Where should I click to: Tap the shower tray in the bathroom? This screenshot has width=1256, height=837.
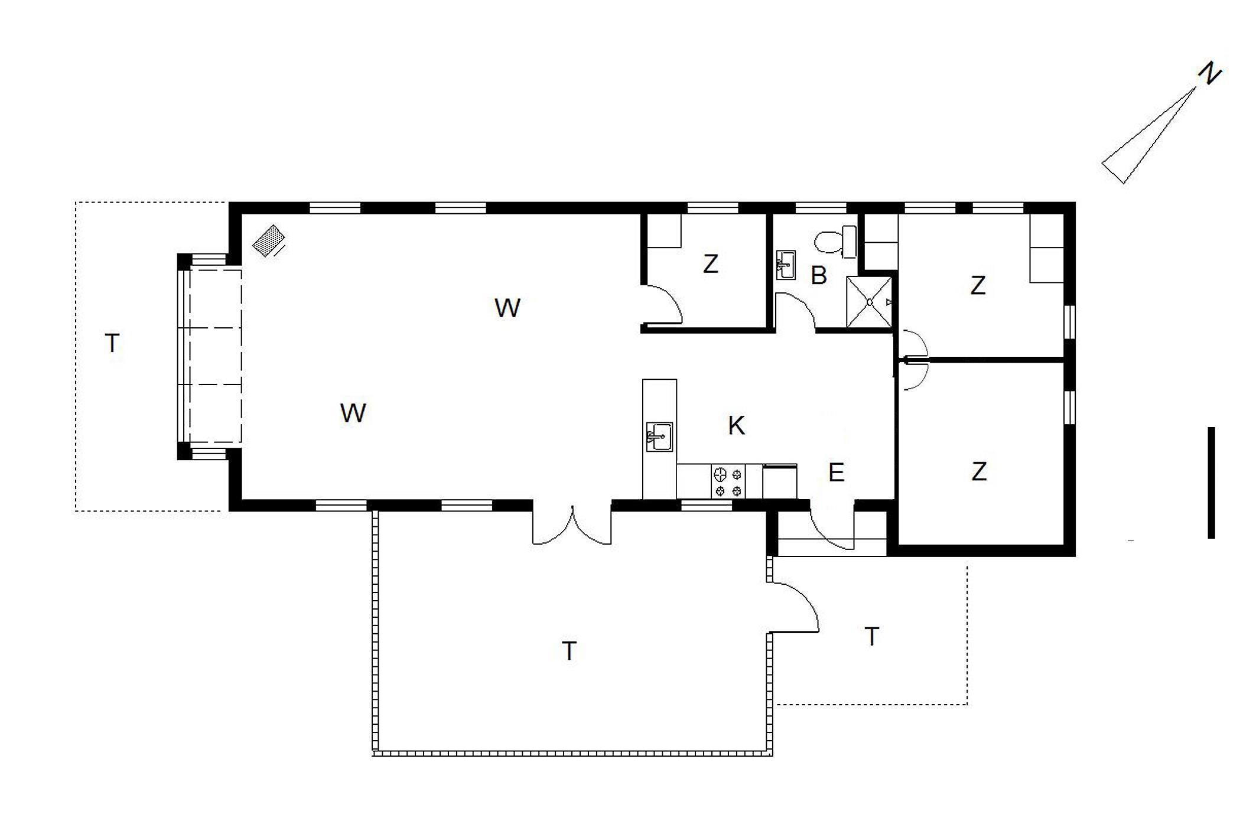(869, 302)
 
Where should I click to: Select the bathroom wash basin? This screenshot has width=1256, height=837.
(786, 265)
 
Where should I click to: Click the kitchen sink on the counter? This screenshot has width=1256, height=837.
(659, 437)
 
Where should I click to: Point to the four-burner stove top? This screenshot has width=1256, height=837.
(728, 482)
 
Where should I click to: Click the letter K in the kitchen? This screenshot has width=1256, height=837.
(736, 425)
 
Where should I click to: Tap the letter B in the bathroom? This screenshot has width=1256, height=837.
(818, 275)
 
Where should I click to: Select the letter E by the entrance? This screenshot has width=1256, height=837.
(836, 473)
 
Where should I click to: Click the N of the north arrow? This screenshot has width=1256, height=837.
(1209, 74)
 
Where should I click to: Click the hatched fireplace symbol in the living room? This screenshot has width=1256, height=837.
(268, 240)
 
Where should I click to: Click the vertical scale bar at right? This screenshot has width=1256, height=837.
(1211, 483)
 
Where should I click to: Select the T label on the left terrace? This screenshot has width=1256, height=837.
(112, 343)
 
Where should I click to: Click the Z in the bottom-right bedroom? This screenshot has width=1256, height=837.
(979, 471)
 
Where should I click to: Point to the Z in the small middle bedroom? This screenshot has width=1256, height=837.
(710, 263)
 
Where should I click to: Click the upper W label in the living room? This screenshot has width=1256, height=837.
(507, 308)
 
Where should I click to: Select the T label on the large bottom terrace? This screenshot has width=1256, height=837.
(569, 651)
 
